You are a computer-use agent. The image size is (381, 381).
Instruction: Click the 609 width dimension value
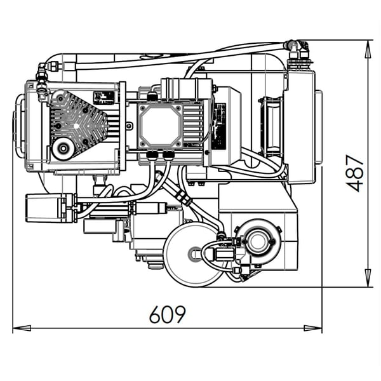168,314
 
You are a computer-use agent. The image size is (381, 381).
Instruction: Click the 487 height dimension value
356,173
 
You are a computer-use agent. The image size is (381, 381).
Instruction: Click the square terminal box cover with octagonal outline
161,125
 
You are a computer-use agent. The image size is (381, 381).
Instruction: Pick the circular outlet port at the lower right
258,241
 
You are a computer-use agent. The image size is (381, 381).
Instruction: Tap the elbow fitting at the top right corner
297,49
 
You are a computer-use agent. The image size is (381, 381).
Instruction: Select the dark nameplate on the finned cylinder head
104,98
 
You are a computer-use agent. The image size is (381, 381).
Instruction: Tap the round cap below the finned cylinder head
63,150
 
